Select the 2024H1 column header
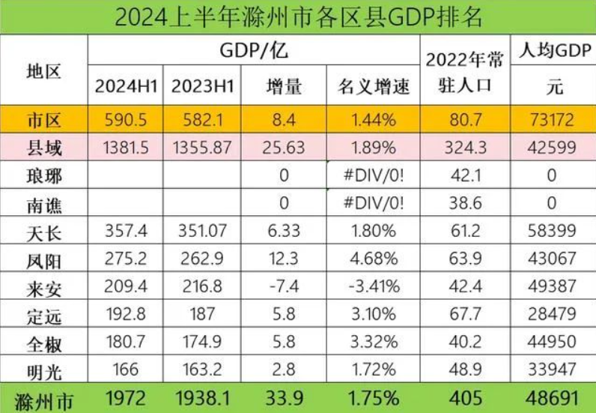click(x=126, y=87)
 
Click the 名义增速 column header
click(x=372, y=87)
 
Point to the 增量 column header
click(x=285, y=87)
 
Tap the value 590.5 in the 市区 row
click(x=126, y=120)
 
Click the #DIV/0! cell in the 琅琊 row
click(x=372, y=177)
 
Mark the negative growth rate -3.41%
click(x=372, y=286)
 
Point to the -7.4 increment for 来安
click(x=285, y=286)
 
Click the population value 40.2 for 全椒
click(x=464, y=341)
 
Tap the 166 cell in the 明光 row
click(x=126, y=368)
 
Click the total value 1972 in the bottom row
click(x=126, y=397)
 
